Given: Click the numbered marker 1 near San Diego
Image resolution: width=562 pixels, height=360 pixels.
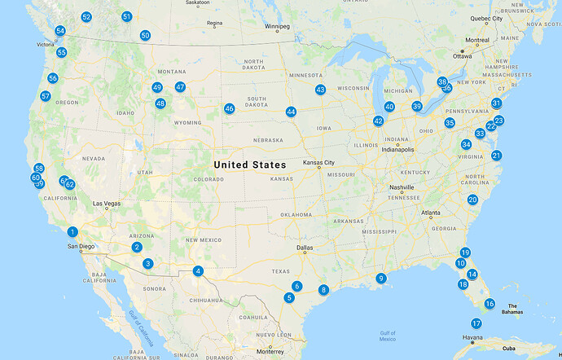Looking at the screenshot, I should pos(72,232).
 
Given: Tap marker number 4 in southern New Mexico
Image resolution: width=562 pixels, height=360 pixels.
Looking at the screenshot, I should pos(197,271).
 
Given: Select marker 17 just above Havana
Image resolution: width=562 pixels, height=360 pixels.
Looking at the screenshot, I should pos(476,323).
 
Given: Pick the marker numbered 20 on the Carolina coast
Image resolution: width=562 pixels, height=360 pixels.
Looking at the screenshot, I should pos(472,200).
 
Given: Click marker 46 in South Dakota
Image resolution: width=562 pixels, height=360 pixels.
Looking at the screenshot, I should pos(230,108).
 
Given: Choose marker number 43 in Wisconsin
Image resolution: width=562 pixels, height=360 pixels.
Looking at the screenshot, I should pos(320,90).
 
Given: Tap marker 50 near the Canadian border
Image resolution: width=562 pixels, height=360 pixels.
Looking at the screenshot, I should pos(145,35).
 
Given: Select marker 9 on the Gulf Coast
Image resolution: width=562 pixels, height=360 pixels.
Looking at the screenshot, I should pos(380,279).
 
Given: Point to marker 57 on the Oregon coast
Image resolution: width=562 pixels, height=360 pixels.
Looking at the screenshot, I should pos(46,96).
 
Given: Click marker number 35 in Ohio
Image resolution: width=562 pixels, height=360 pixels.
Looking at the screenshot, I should pos(450,123).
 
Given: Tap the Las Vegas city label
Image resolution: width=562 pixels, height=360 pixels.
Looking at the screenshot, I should pos(108,204).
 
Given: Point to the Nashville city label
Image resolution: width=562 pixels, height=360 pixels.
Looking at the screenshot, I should pos(402,187).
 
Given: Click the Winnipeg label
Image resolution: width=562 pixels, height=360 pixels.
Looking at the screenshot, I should pos(277,26).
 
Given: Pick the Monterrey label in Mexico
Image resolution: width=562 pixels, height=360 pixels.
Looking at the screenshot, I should pos(269,352).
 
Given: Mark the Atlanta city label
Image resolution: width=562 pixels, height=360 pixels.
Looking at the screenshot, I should pos(432,213).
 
